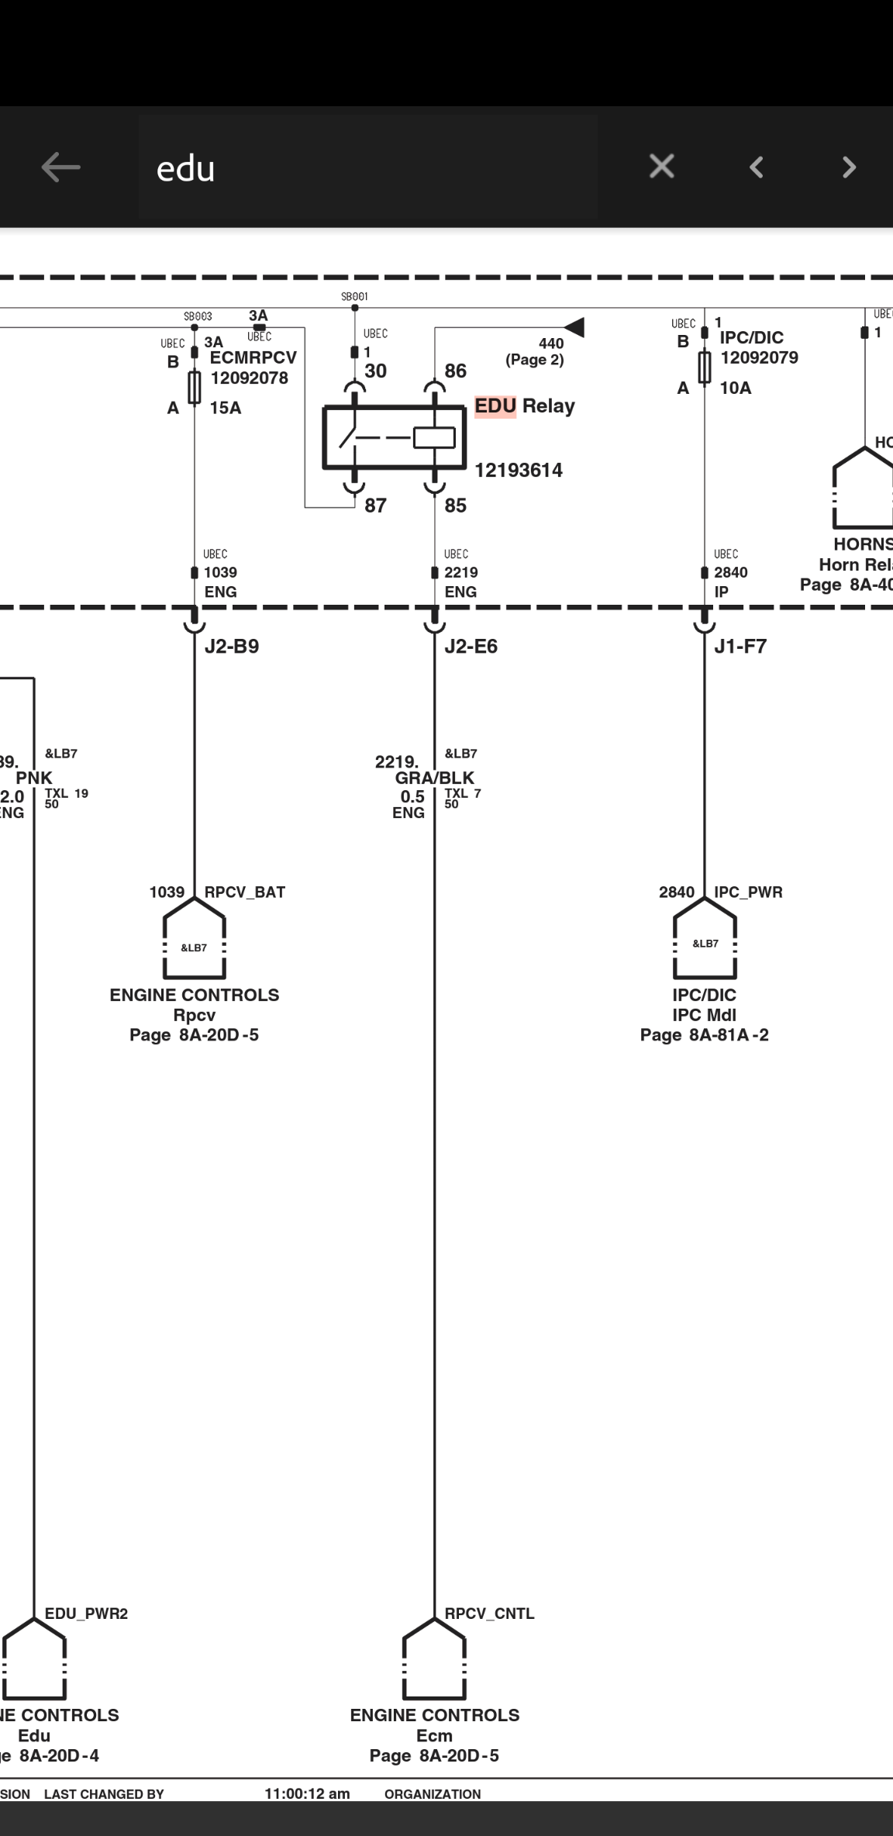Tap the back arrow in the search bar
coord(60,167)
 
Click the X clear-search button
coord(661,167)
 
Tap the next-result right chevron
coord(849,167)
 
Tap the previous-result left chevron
coord(757,167)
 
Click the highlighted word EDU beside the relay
coord(495,406)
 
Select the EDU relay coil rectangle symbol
coord(433,438)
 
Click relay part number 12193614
coord(518,471)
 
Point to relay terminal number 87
coord(375,506)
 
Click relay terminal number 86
coord(455,371)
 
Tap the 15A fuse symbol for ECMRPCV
coord(195,387)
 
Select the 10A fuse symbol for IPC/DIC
coord(704,367)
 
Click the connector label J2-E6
coord(471,647)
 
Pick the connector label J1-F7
coord(740,647)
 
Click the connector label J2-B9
coord(231,647)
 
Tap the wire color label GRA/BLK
coord(434,778)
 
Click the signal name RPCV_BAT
coord(244,892)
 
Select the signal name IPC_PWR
coord(748,892)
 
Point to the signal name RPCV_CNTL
coord(489,1613)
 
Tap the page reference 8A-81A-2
coord(728,1035)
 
